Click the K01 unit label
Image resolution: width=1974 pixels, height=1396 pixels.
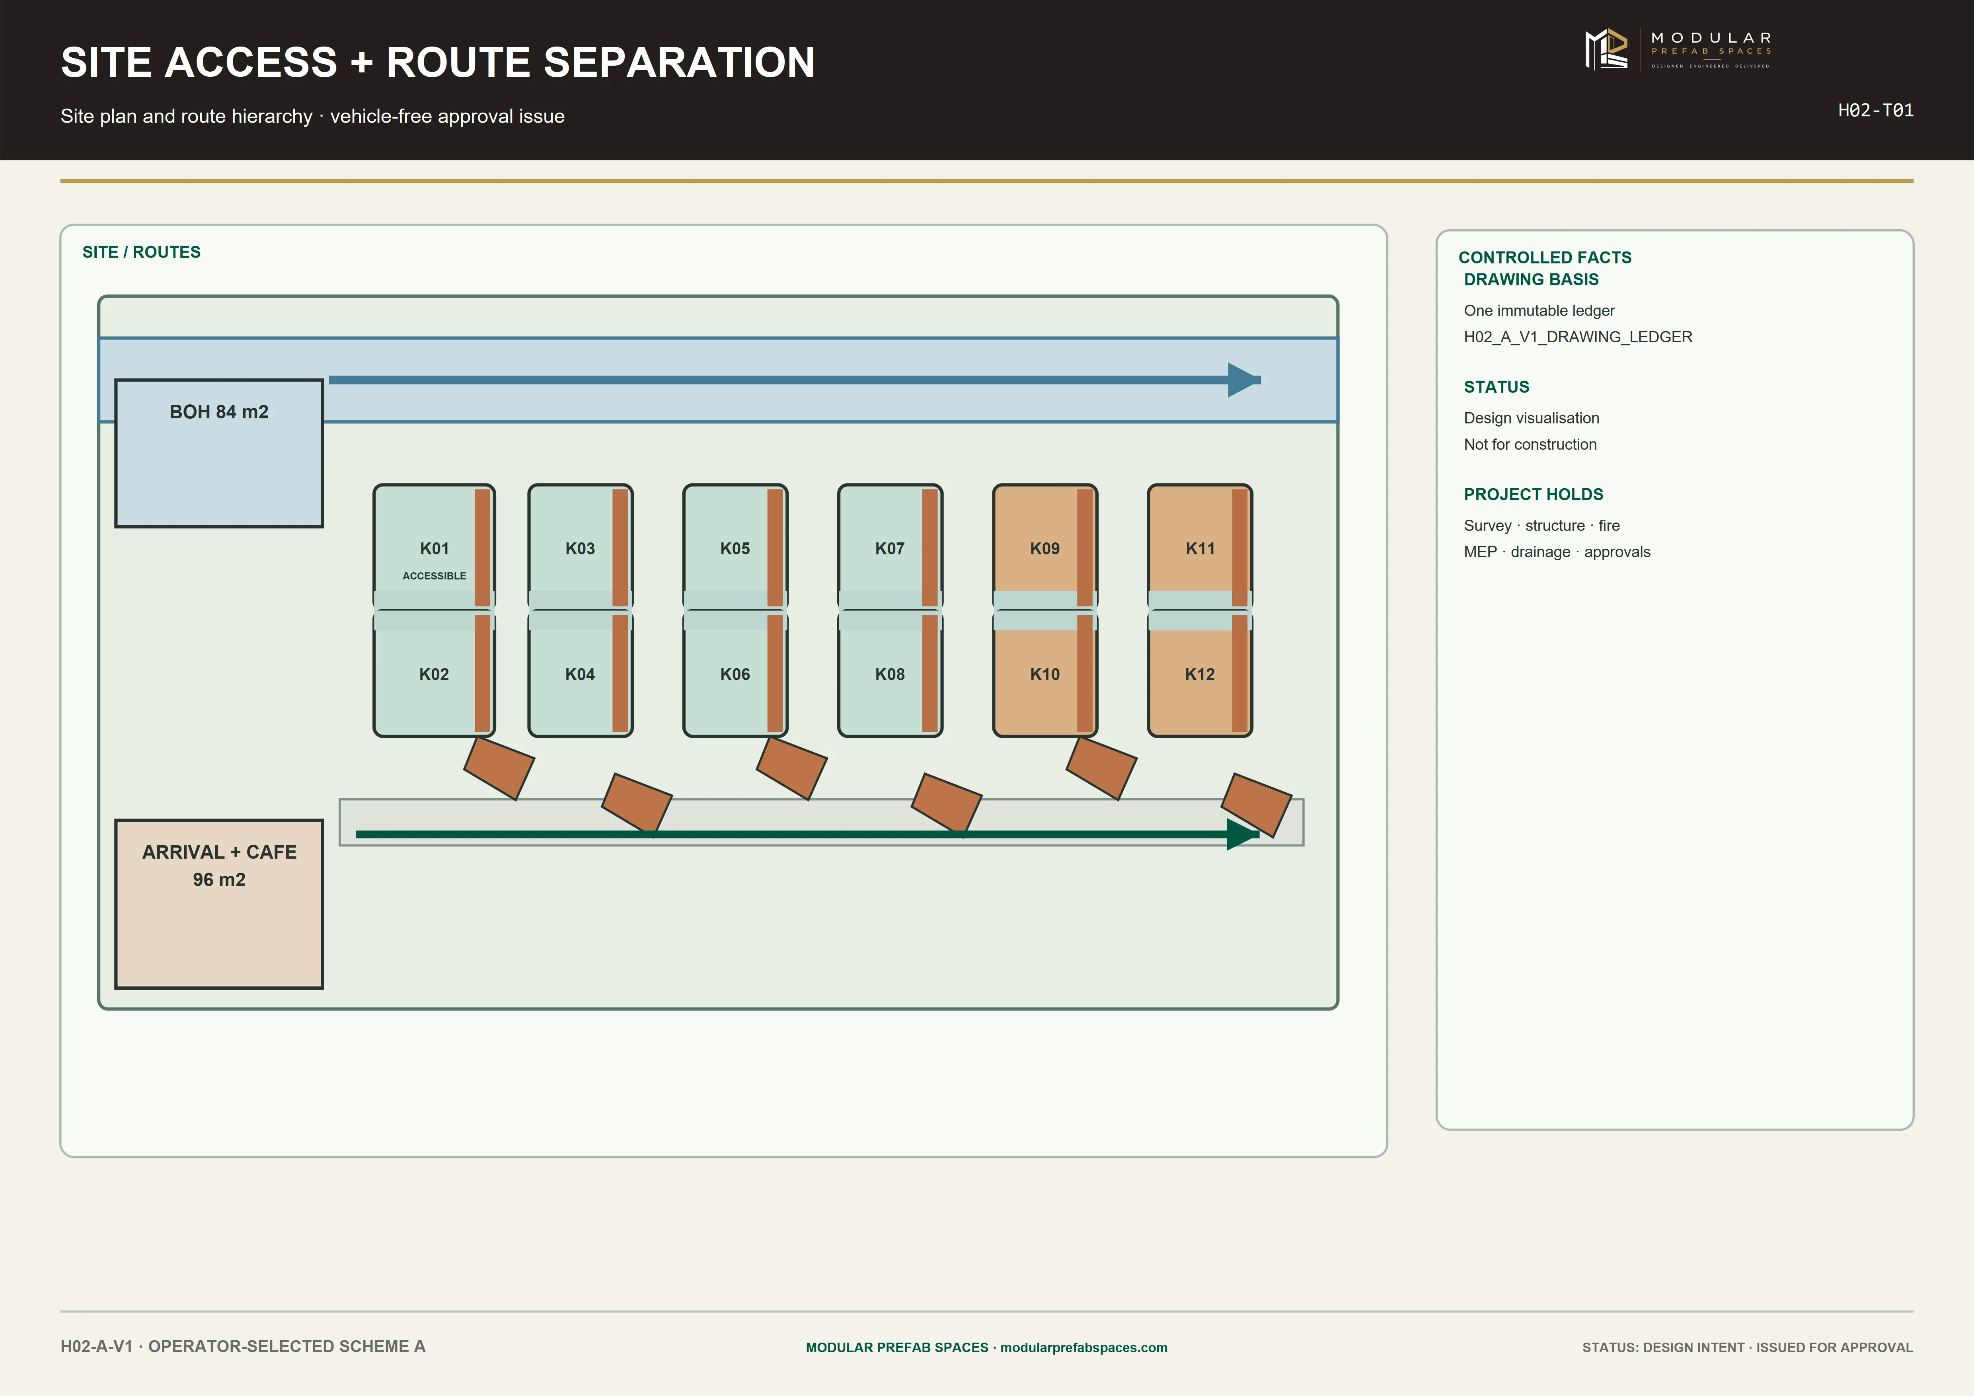pyautogui.click(x=434, y=548)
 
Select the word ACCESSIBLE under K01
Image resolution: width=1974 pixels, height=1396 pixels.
pyautogui.click(x=434, y=576)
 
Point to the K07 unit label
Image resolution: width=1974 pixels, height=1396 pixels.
pyautogui.click(x=890, y=548)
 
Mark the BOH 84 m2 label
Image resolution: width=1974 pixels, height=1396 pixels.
pyautogui.click(x=219, y=412)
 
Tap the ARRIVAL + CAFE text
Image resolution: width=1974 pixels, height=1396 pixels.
pyautogui.click(x=219, y=852)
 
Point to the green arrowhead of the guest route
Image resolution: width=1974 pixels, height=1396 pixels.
pyautogui.click(x=1242, y=834)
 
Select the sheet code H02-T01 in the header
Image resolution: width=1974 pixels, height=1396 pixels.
pyautogui.click(x=1875, y=110)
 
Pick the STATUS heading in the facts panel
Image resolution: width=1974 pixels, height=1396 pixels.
pyautogui.click(x=1496, y=387)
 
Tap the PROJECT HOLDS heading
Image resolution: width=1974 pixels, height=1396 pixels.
pyautogui.click(x=1533, y=494)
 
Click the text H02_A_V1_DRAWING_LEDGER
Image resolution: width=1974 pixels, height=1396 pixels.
pyautogui.click(x=1578, y=337)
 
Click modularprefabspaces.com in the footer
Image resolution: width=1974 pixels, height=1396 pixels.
pyautogui.click(x=1083, y=1347)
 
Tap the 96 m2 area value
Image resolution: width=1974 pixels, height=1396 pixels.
pyautogui.click(x=219, y=879)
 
